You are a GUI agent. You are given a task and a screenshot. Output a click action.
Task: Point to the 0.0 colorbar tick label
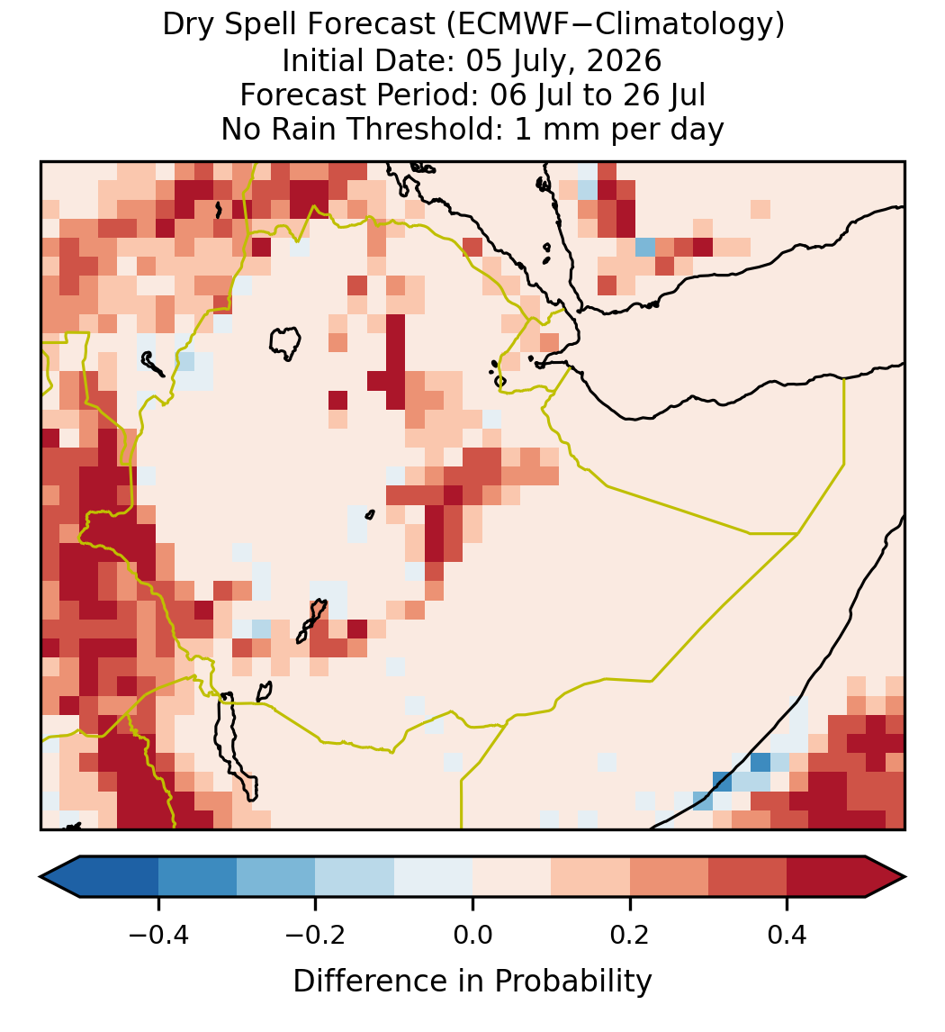click(x=472, y=935)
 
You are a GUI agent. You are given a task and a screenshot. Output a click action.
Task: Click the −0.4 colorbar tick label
click(x=158, y=935)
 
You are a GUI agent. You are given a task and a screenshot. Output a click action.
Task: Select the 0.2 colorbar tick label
click(x=630, y=935)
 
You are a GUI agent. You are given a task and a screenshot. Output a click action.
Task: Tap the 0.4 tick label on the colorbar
click(x=787, y=935)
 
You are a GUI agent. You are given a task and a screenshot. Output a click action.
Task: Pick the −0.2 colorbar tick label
click(x=316, y=935)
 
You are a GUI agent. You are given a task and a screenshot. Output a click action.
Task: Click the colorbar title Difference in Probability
click(x=472, y=982)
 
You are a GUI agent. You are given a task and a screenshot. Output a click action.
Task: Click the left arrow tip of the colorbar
click(x=40, y=877)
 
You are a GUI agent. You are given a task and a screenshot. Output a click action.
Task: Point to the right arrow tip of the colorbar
click(x=904, y=877)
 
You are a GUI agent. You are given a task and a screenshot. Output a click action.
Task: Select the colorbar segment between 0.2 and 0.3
click(x=669, y=877)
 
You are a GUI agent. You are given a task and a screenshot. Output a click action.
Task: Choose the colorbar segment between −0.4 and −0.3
click(x=197, y=877)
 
